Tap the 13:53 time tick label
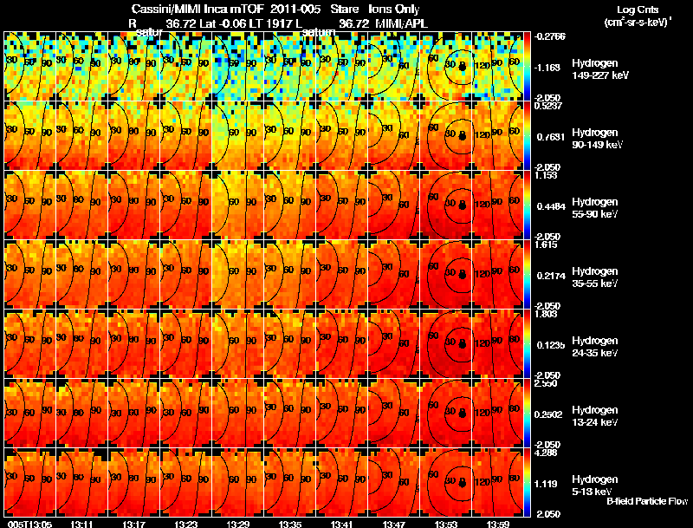click(x=445, y=523)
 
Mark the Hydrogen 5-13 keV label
click(x=594, y=485)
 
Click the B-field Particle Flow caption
click(x=646, y=501)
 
